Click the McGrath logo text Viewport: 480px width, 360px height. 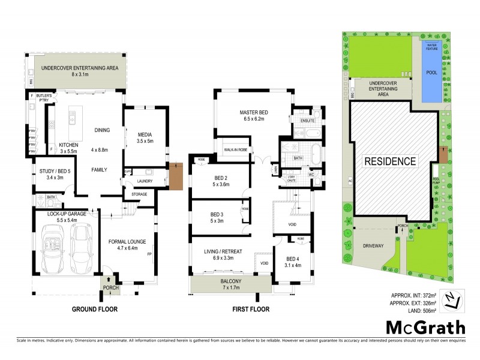[425, 327]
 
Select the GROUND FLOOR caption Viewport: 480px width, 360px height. [95, 310]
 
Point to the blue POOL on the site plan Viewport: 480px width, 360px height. [431, 72]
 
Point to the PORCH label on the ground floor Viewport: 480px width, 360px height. [111, 288]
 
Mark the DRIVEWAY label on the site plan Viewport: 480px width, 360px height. [372, 245]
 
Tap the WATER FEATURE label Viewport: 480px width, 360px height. [431, 46]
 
